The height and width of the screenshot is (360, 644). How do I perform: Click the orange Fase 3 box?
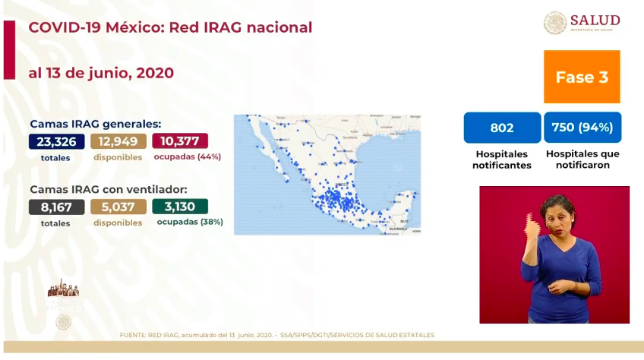tap(582, 77)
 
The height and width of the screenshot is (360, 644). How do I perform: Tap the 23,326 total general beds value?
tap(56, 141)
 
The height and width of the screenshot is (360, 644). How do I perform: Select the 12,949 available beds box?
tap(118, 141)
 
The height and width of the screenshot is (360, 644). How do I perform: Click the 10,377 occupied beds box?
tap(180, 141)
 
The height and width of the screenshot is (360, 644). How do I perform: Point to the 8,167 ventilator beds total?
tap(56, 207)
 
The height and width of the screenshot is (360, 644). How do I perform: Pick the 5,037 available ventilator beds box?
tap(118, 207)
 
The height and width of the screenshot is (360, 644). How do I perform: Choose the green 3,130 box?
tap(180, 207)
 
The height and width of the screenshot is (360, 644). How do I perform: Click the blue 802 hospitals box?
tap(502, 128)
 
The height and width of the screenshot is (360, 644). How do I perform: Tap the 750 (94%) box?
tap(582, 128)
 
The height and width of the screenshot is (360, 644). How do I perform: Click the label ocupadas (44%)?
tap(187, 157)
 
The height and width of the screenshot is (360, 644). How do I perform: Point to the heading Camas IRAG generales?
tap(95, 124)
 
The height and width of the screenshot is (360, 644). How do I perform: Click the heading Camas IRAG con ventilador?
tap(109, 189)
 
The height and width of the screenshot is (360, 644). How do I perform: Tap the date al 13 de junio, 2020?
tap(101, 73)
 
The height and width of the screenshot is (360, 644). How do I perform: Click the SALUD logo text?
tap(595, 21)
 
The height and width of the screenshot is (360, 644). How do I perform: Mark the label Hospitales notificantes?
tap(502, 159)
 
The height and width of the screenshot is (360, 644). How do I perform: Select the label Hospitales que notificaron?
tap(582, 159)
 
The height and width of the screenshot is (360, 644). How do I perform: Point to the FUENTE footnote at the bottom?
tap(276, 335)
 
